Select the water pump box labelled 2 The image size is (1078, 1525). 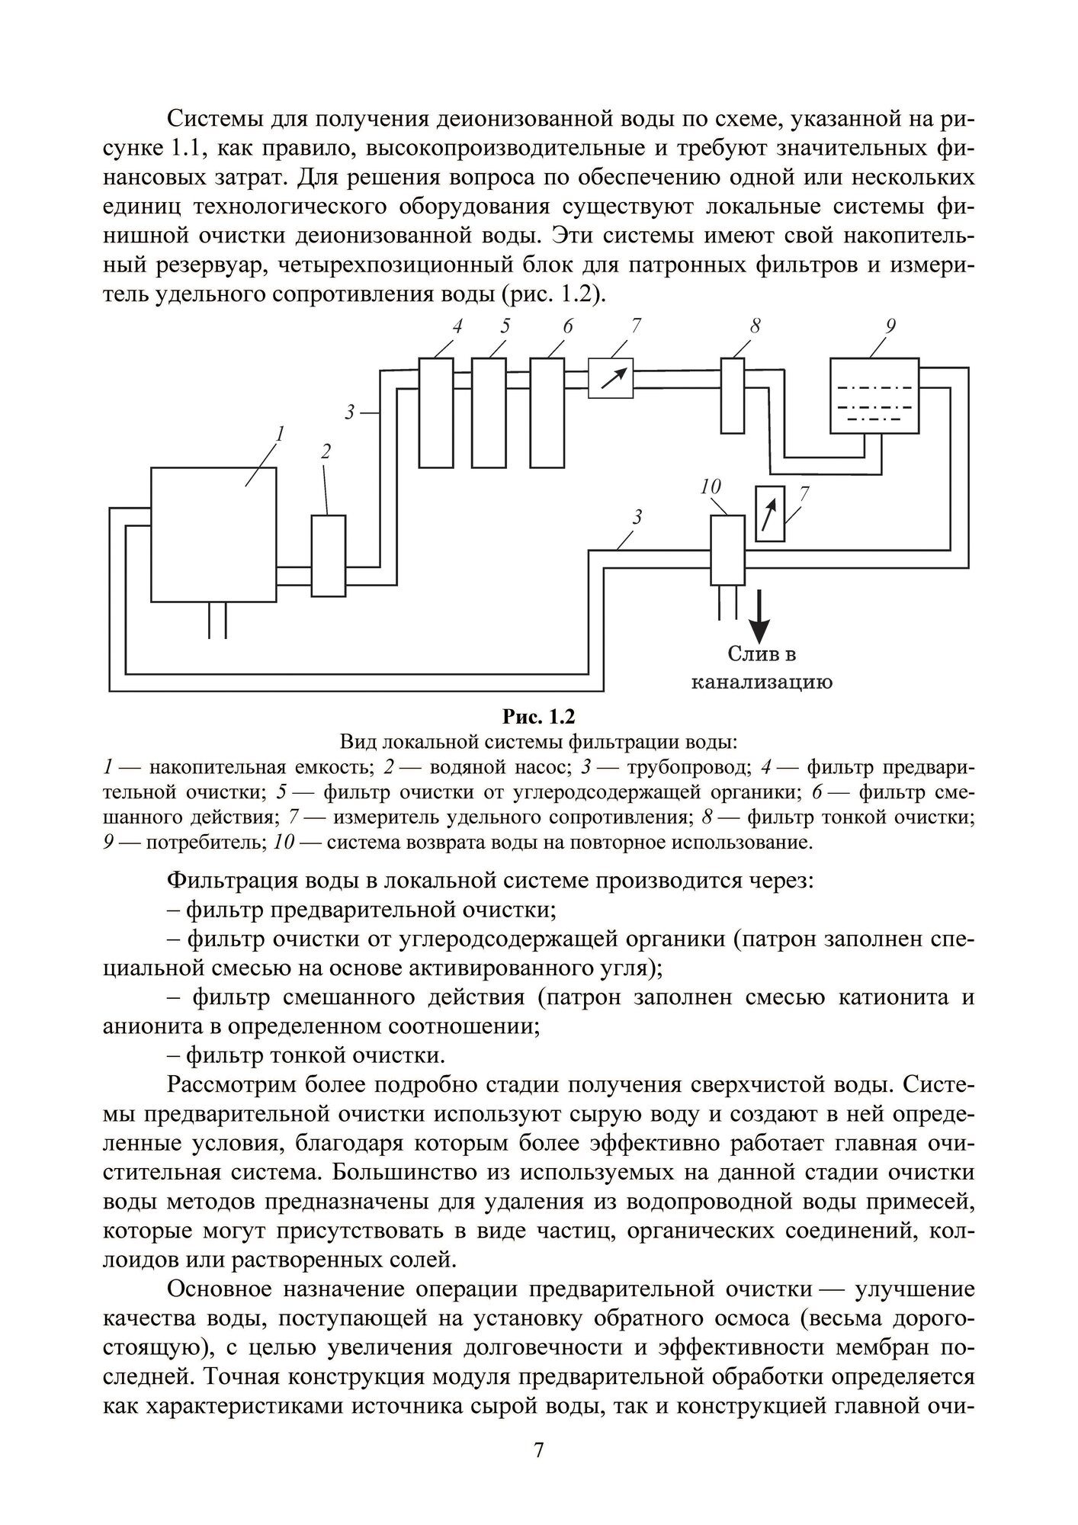[328, 555]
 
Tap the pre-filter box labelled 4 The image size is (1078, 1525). [435, 412]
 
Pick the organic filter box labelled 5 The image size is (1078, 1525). [489, 412]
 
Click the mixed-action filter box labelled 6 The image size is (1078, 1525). [547, 412]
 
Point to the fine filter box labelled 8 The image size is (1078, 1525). [733, 395]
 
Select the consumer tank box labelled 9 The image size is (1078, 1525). [874, 396]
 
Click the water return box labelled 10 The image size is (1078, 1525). [727, 550]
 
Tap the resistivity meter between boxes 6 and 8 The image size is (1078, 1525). [611, 378]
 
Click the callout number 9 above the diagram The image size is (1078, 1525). [890, 326]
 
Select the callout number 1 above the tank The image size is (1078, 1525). [280, 434]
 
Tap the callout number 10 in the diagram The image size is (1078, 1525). [710, 486]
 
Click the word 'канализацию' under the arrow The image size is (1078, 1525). [761, 681]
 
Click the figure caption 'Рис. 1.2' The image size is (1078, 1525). [538, 717]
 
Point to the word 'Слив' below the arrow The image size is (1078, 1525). [742, 653]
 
